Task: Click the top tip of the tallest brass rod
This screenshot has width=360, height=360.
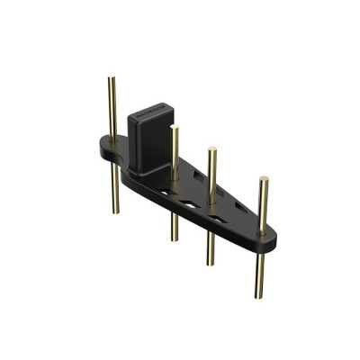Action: (x=112, y=79)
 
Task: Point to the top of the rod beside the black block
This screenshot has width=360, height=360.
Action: (x=174, y=128)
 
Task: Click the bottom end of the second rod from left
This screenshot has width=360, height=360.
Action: (x=175, y=238)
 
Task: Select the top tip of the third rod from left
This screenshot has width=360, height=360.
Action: (x=211, y=149)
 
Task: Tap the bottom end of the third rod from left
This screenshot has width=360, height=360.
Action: (x=211, y=263)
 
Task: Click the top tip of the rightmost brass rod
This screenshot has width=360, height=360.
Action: (x=263, y=179)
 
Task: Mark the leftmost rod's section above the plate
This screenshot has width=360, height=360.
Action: (x=112, y=108)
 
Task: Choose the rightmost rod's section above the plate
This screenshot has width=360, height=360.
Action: (x=263, y=202)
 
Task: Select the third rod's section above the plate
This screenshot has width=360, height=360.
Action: (x=211, y=175)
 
